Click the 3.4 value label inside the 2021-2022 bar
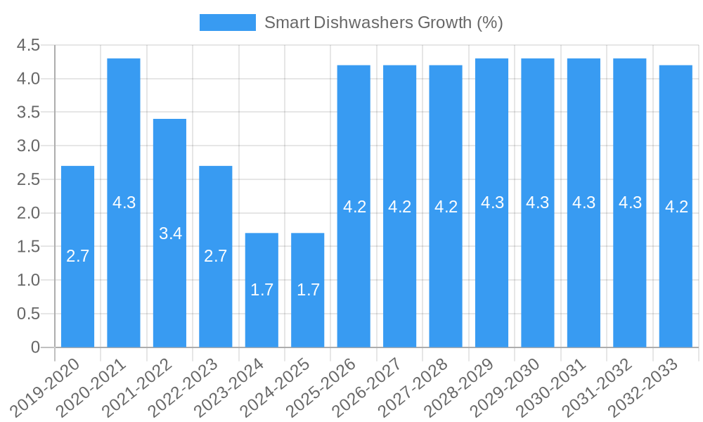click(x=170, y=234)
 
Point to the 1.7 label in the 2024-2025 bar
click(x=308, y=290)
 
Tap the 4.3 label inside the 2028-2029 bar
click(x=492, y=203)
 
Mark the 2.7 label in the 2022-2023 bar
click(x=216, y=256)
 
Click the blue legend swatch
click(x=227, y=23)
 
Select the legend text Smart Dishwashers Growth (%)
click(x=383, y=23)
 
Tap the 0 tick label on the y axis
click(x=35, y=347)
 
